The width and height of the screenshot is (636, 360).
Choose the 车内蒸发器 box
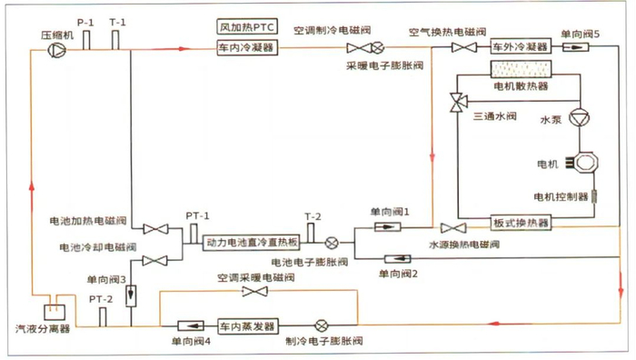pos(247,325)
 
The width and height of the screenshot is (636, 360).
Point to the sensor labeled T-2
pos(311,234)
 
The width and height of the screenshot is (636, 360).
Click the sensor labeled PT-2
pos(100,315)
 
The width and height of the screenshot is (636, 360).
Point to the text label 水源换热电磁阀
pos(464,245)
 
